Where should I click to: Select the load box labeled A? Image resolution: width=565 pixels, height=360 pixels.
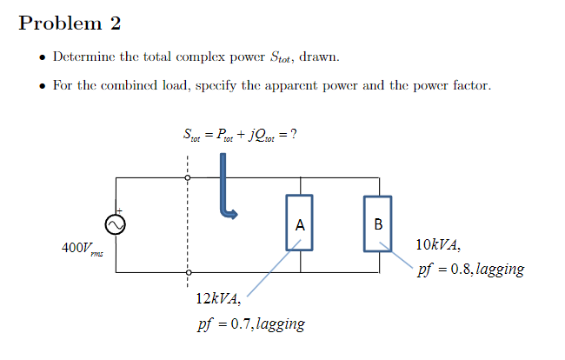click(300, 224)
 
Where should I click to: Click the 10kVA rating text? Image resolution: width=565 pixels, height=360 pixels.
click(438, 244)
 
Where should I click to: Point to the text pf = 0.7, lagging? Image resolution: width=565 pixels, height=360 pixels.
click(250, 324)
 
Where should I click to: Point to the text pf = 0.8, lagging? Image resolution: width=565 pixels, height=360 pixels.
click(470, 270)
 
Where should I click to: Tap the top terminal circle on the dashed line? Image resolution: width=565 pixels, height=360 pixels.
click(187, 178)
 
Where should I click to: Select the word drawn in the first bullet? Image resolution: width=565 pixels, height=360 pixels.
click(319, 57)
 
